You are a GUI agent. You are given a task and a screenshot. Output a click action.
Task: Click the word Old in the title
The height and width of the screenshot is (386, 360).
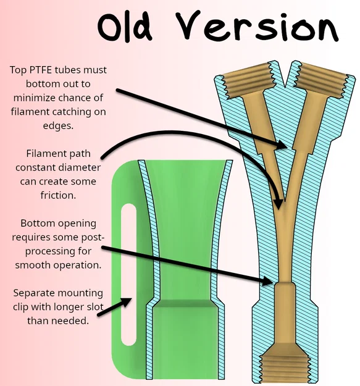coord(125,27)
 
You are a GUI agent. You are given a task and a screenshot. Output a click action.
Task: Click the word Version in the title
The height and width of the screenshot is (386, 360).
coord(257,25)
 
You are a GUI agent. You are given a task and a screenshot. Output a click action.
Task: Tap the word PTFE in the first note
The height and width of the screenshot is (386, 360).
coord(41,70)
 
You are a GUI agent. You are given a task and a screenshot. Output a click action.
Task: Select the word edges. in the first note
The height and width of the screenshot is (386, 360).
coord(58,126)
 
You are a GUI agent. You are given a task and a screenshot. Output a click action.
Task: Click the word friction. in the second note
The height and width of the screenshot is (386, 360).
coord(58,195)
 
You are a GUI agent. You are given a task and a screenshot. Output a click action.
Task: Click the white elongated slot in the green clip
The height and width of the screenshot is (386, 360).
coord(128,274)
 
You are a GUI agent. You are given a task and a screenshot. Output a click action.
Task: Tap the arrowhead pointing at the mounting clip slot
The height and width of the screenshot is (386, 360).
coord(126,302)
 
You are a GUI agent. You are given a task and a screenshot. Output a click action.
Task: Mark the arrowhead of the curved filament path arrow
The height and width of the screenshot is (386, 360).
coord(278,204)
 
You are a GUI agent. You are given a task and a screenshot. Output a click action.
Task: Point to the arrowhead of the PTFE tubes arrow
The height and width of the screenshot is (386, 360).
coord(281,145)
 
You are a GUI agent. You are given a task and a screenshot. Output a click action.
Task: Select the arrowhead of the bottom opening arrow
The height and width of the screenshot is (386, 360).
coord(268,281)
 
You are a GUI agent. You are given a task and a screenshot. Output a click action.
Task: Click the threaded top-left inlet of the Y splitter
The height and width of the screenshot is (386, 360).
coord(249,81)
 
